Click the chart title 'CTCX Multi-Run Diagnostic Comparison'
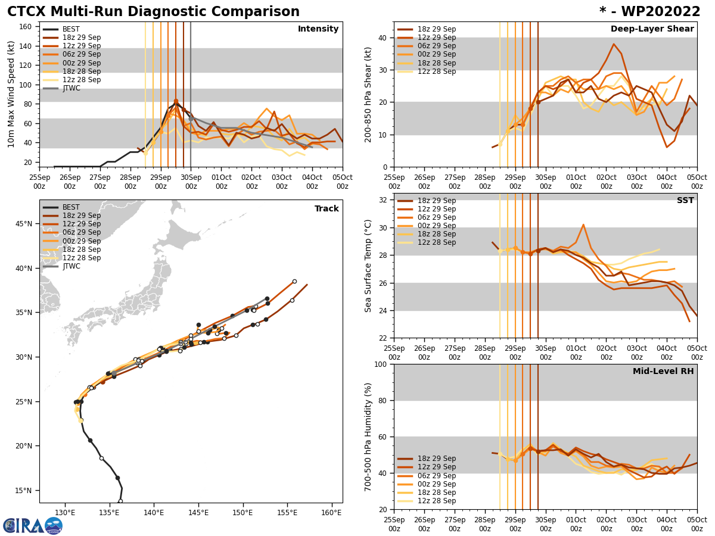pos(153,12)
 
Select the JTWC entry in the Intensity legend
pos(71,88)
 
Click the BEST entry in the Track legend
pos(71,207)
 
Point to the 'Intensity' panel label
pos(318,29)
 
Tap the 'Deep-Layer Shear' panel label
pos(652,29)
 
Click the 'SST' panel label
pos(685,201)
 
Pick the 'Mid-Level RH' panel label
pos(663,372)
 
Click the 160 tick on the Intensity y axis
pos(26,27)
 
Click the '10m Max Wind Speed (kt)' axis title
pos(11,94)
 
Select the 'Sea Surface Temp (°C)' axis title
pos(368,266)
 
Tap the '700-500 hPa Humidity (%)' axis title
pos(368,437)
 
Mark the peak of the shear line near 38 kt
pos(613,44)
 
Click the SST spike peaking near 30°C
pos(583,225)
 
